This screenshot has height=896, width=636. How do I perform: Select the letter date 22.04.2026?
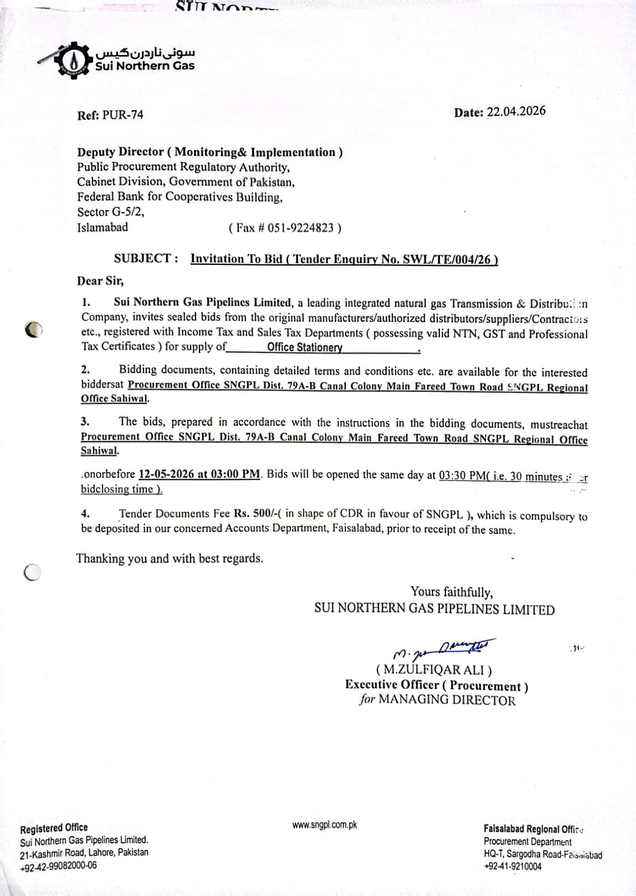click(x=516, y=111)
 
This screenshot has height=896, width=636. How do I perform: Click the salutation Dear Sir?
click(x=100, y=281)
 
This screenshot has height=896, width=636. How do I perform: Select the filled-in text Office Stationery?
click(x=304, y=347)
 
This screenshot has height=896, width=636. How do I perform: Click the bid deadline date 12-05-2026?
click(x=166, y=474)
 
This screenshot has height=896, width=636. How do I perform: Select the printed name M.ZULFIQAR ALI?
click(x=434, y=670)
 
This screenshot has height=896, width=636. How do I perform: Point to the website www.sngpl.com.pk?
click(x=324, y=825)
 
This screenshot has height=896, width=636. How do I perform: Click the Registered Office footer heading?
click(x=54, y=828)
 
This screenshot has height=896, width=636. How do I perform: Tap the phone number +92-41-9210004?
click(x=513, y=866)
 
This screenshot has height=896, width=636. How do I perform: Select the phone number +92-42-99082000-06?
click(x=58, y=866)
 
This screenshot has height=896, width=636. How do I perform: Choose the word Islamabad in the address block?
click(x=103, y=227)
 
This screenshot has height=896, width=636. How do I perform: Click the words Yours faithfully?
click(x=452, y=592)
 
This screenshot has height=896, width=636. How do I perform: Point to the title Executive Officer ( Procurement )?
click(x=437, y=685)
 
